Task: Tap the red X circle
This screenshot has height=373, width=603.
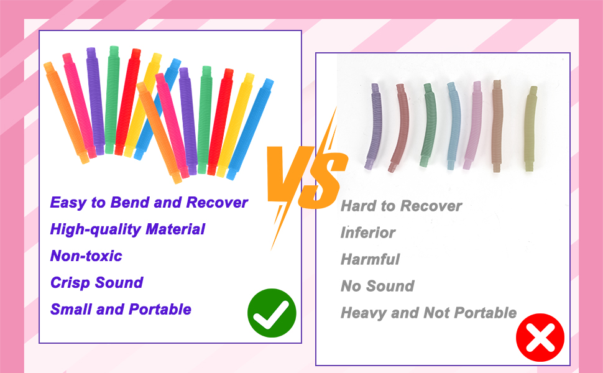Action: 540,338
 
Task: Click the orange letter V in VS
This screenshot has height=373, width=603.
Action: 287,175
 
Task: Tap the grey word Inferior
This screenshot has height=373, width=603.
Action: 368,233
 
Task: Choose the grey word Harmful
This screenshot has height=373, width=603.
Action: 370,259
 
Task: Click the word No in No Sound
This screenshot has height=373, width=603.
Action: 351,287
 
